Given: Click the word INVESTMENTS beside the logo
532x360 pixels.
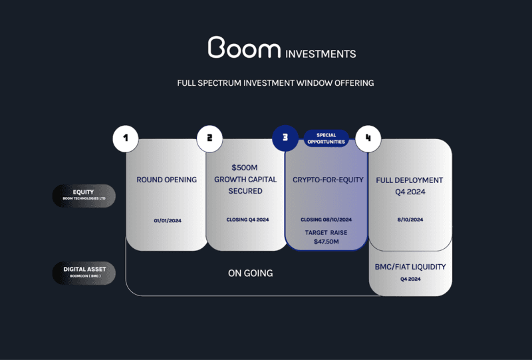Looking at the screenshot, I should pyautogui.click(x=320, y=54).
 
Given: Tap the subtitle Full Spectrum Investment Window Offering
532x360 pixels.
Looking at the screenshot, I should pyautogui.click(x=275, y=83).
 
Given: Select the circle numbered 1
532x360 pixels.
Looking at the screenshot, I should pyautogui.click(x=126, y=139).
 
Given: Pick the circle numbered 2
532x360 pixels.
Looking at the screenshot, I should pyautogui.click(x=209, y=138).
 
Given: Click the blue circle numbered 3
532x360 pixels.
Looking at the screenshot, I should pyautogui.click(x=285, y=138).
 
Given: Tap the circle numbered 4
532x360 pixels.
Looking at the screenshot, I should pyautogui.click(x=368, y=139).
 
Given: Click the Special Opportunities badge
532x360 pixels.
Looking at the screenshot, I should pyautogui.click(x=327, y=138).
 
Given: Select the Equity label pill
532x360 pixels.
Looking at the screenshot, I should pyautogui.click(x=84, y=196).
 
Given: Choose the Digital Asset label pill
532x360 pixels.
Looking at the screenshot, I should pyautogui.click(x=84, y=272).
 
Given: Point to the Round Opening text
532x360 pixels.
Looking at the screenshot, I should pyautogui.click(x=166, y=180).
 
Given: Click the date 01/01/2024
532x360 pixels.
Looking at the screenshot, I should pyautogui.click(x=166, y=220).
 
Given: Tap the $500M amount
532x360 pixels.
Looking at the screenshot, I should pyautogui.click(x=245, y=167).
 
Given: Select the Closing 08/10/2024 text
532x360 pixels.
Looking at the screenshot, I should pyautogui.click(x=326, y=220).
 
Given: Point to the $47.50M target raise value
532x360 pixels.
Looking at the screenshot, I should pyautogui.click(x=326, y=242).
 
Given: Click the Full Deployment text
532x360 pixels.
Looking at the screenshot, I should pyautogui.click(x=410, y=180).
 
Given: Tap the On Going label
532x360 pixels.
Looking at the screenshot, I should pyautogui.click(x=250, y=273).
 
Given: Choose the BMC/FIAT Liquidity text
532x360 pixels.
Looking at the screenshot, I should pyautogui.click(x=410, y=267).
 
